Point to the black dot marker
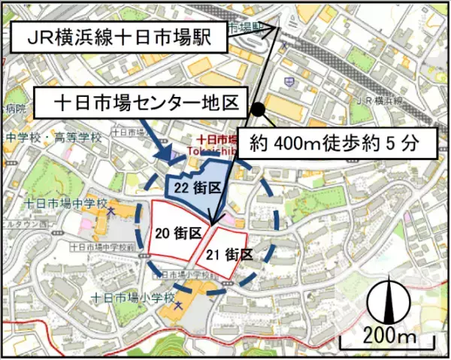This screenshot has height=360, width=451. [x=259, y=109]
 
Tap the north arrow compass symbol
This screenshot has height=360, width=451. [x=389, y=300]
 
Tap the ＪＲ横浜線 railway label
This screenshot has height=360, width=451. [x=380, y=100]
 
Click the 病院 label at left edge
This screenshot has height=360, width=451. [x=14, y=109]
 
